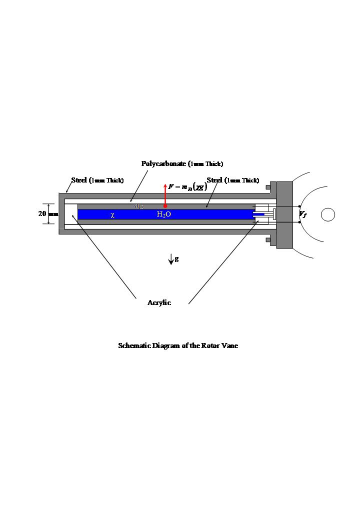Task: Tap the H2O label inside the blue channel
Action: pos(164,214)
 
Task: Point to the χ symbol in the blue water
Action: pos(112,215)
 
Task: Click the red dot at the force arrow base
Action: pos(165,205)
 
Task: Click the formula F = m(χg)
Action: pos(188,187)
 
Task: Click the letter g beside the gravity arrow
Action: pos(177,258)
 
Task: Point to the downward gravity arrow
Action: pos(171,259)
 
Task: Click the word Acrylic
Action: pos(159,302)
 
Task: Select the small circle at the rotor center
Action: pos(327,214)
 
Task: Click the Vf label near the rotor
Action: pos(303,214)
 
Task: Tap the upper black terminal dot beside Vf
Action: pos(299,206)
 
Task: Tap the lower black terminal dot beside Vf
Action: pos(299,222)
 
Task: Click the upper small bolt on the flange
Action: pos(268,187)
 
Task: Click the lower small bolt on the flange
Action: pos(268,240)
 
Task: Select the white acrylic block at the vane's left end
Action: pos(71,214)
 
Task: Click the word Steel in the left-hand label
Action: pos(79,180)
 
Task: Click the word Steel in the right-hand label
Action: pos(214,180)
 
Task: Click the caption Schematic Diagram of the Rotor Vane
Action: pos(178,345)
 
